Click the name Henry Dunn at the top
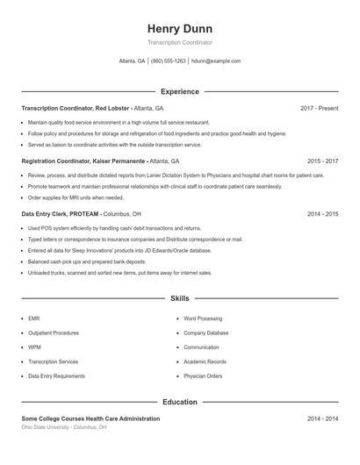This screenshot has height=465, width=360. tap(180, 28)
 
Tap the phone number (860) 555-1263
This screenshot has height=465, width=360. tap(169, 61)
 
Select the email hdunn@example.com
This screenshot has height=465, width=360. tap(216, 61)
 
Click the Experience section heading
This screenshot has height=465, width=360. tap(180, 91)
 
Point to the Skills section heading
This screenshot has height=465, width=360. tap(180, 298)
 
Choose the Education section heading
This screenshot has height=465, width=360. tap(180, 402)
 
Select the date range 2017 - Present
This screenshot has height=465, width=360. tap(319, 108)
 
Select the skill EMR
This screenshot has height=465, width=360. tap(34, 319)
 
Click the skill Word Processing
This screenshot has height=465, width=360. tap(203, 319)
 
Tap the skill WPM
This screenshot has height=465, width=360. tap(35, 347)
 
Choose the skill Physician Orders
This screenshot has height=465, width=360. tap(203, 376)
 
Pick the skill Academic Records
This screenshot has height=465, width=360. tap(205, 361)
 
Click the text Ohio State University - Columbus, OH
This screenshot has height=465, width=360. tap(64, 427)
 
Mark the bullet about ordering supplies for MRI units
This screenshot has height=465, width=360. tap(76, 197)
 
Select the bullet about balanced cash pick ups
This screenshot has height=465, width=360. tap(87, 261)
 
